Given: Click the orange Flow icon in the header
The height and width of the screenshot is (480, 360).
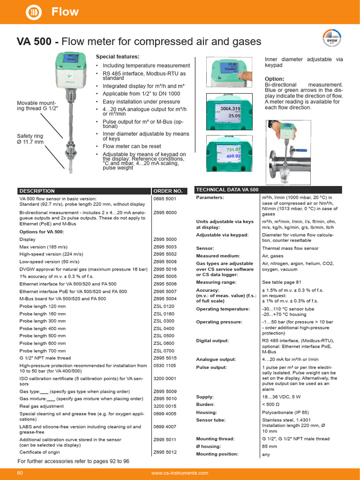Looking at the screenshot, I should (34, 12).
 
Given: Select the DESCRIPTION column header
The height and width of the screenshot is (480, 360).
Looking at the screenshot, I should (37, 191).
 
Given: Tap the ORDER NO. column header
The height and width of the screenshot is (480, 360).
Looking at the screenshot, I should (167, 191).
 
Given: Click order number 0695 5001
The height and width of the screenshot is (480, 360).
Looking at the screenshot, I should (165, 198).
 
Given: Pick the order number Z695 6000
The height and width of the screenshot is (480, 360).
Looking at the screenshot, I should (165, 212).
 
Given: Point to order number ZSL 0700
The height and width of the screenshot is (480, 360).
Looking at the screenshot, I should (164, 351).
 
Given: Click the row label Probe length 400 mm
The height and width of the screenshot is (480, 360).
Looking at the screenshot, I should (43, 329).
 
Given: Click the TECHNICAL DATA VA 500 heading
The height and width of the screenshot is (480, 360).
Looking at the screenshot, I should (227, 190).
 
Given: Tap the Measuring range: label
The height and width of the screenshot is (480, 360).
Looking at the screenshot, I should (216, 283).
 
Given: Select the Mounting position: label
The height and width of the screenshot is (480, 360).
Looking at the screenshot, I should (217, 454).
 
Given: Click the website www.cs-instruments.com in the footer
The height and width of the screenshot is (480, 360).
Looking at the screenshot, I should (180, 473).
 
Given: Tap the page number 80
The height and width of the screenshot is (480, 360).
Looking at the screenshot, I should (20, 473).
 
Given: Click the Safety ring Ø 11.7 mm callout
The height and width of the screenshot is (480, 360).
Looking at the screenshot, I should (30, 139).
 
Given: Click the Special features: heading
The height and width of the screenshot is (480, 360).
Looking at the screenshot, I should (117, 57).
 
